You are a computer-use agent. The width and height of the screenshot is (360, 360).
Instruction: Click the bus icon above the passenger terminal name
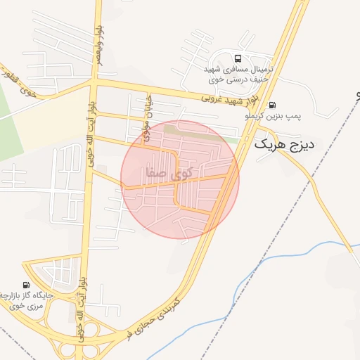pos(238,59)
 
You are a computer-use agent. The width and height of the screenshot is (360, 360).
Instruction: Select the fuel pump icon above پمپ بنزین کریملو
pos(272,105)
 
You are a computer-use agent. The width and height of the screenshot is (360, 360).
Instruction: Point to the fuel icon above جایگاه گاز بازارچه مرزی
pos(27,285)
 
